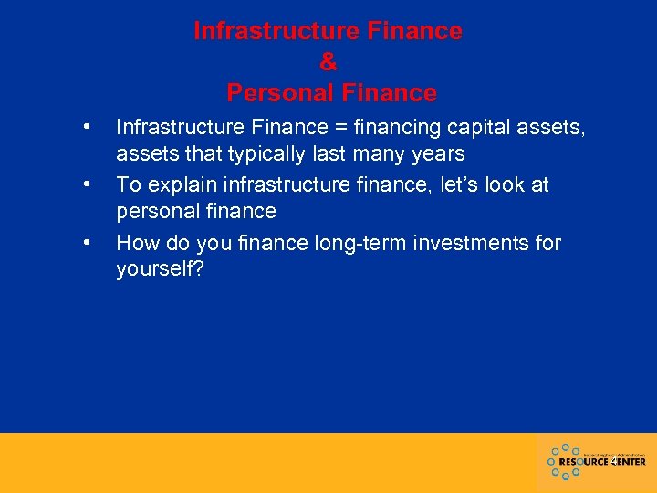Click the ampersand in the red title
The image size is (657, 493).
328,62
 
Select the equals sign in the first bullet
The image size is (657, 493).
342,126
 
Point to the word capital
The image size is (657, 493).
480,126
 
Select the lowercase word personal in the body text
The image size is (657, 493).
153,211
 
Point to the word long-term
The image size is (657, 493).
344,243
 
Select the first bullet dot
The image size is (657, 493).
85,126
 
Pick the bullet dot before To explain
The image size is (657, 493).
85,184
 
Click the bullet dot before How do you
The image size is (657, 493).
85,243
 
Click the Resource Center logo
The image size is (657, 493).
597,461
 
